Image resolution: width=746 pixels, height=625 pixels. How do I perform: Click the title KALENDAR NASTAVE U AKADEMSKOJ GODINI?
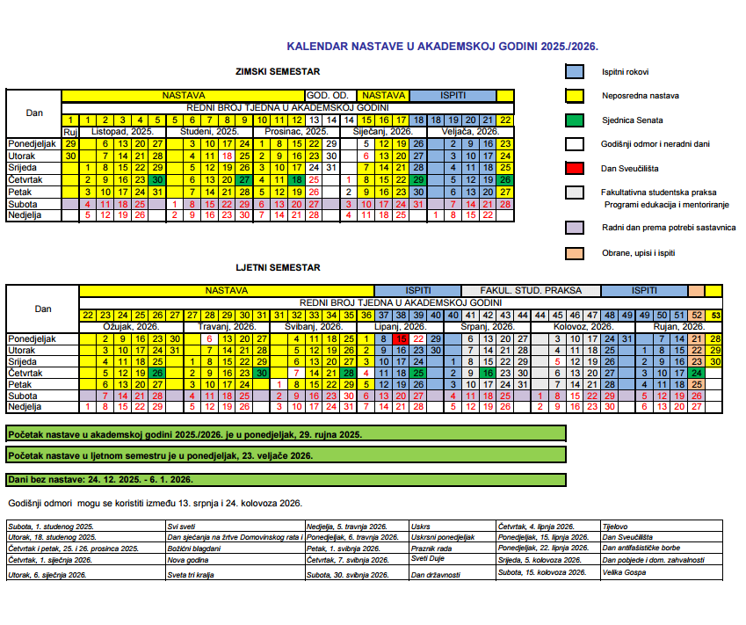(x=448, y=47)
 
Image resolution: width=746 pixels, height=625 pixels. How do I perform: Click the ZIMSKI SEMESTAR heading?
(x=278, y=72)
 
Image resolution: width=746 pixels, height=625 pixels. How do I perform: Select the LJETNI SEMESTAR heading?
(x=278, y=267)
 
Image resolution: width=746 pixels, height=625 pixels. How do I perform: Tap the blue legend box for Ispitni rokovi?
(x=575, y=72)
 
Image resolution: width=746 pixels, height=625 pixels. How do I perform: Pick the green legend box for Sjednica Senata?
(x=575, y=119)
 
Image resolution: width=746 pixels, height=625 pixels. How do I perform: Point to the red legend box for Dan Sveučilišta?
(x=575, y=166)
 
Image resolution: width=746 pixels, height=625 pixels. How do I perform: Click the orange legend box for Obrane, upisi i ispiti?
(x=575, y=254)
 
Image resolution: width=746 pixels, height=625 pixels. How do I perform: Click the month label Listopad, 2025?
(x=122, y=131)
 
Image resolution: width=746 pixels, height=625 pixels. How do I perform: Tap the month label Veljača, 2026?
(x=474, y=131)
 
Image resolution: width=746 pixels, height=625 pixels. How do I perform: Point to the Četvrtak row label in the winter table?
(x=25, y=179)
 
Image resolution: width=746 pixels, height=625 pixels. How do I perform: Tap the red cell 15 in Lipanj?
(x=401, y=338)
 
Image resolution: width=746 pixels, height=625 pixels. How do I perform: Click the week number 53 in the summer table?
(x=715, y=316)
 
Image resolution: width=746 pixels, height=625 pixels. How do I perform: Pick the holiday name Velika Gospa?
(x=621, y=572)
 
